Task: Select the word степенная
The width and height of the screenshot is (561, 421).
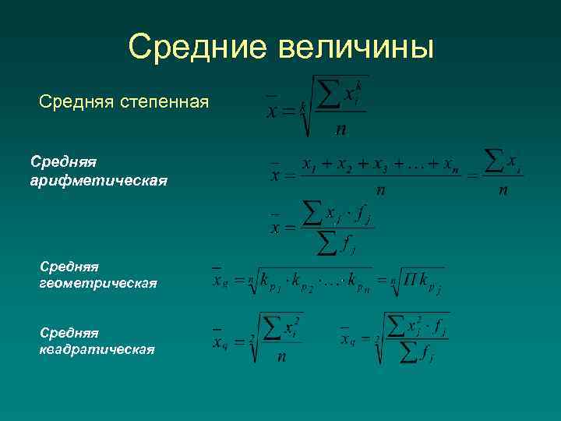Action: click(x=165, y=101)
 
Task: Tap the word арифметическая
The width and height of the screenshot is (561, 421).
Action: click(x=98, y=180)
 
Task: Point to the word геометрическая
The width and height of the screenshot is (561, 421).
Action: click(x=98, y=284)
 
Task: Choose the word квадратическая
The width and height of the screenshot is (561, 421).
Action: click(x=97, y=349)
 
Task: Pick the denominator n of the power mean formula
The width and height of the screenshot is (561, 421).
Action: click(x=340, y=130)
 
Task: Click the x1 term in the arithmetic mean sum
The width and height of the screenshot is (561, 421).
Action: click(x=309, y=166)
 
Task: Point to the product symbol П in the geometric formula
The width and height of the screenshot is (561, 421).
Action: click(x=411, y=279)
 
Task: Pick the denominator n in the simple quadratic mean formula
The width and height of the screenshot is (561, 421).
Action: click(x=281, y=356)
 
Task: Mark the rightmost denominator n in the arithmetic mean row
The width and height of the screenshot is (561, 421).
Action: click(x=503, y=189)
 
